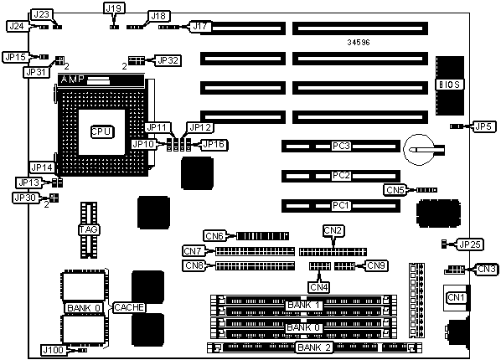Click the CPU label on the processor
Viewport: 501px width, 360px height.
(102, 131)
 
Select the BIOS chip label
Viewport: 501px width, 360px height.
(450, 85)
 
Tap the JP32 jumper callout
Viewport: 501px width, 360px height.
(168, 60)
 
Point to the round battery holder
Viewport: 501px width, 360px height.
(419, 150)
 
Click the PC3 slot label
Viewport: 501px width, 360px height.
(341, 146)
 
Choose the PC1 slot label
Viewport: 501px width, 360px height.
(341, 205)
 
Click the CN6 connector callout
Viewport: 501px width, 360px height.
(214, 236)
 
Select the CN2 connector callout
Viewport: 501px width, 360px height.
(333, 230)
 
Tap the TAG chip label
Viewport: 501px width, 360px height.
(89, 229)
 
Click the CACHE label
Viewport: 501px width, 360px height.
(129, 307)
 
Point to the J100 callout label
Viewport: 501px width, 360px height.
(54, 350)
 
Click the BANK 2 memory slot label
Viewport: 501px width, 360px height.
(314, 347)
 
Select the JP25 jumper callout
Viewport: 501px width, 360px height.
(470, 244)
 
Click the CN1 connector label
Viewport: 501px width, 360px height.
(457, 297)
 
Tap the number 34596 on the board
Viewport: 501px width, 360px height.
(359, 42)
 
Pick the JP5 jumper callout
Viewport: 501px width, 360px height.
(483, 126)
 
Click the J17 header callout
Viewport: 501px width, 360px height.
(200, 26)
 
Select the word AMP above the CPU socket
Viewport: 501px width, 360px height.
(73, 80)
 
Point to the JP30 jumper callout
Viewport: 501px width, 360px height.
(25, 198)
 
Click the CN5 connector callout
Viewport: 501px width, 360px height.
(395, 190)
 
